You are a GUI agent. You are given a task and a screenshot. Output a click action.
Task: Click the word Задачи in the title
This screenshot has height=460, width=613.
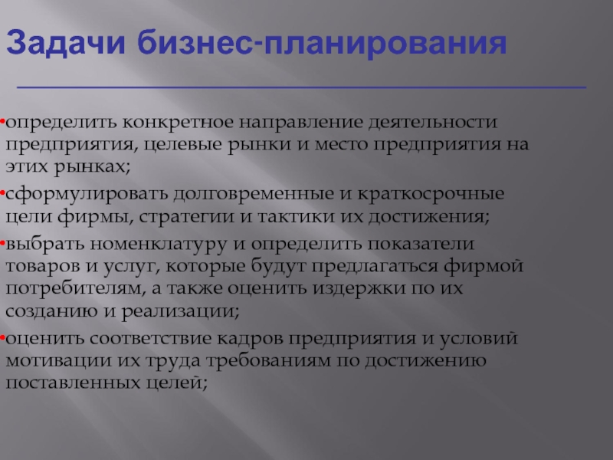pyautogui.click(x=66, y=43)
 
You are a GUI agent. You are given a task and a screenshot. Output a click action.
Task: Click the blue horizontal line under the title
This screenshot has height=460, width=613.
pyautogui.click(x=301, y=87)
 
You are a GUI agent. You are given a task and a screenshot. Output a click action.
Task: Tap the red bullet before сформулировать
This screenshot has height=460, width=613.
pyautogui.click(x=2, y=193)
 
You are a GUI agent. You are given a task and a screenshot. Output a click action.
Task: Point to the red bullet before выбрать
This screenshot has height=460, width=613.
pyautogui.click(x=2, y=243)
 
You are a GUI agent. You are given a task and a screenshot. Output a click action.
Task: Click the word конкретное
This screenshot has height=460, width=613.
pyautogui.click(x=178, y=123)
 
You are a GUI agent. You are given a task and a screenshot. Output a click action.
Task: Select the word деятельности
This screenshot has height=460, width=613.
pyautogui.click(x=433, y=123)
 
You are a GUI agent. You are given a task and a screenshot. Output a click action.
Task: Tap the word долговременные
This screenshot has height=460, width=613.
pyautogui.click(x=254, y=195)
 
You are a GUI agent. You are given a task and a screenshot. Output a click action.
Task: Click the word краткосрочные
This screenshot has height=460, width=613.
pyautogui.click(x=431, y=195)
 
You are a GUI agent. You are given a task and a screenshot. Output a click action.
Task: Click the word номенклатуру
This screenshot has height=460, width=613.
pyautogui.click(x=159, y=245)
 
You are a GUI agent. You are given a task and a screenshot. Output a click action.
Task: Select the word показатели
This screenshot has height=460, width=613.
pyautogui.click(x=421, y=245)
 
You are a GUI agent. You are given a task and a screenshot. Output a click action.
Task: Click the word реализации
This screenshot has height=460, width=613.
pyautogui.click(x=180, y=312)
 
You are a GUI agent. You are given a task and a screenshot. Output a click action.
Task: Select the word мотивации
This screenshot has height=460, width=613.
pyautogui.click(x=59, y=361)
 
